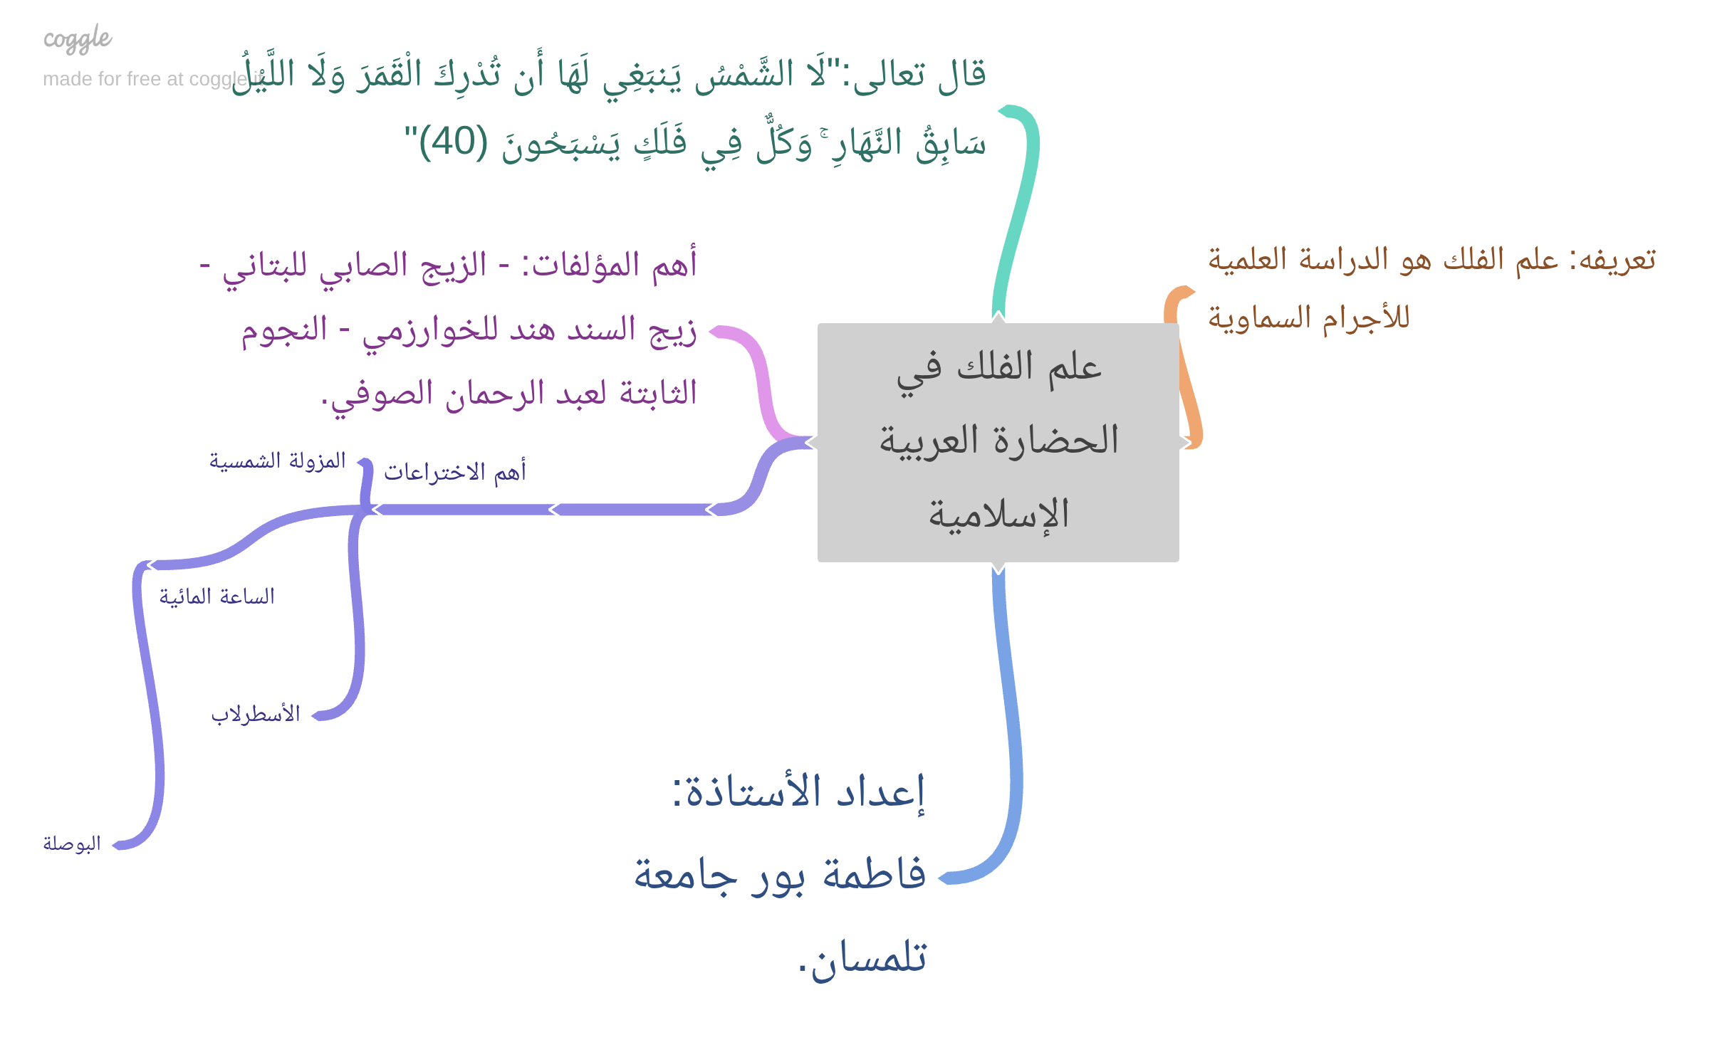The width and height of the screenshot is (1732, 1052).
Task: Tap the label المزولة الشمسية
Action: pos(278,462)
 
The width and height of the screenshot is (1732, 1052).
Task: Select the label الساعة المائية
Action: pos(216,596)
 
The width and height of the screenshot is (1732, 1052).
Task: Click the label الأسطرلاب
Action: pos(256,714)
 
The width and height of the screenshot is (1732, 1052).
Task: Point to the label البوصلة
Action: pos(72,843)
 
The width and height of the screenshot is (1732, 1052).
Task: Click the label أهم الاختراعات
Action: pos(455,471)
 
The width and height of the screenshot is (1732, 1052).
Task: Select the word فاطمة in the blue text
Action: pos(874,874)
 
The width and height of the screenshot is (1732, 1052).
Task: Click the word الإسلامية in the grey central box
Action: pos(998,514)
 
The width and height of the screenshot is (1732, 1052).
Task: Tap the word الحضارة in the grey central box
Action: pos(1057,439)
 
